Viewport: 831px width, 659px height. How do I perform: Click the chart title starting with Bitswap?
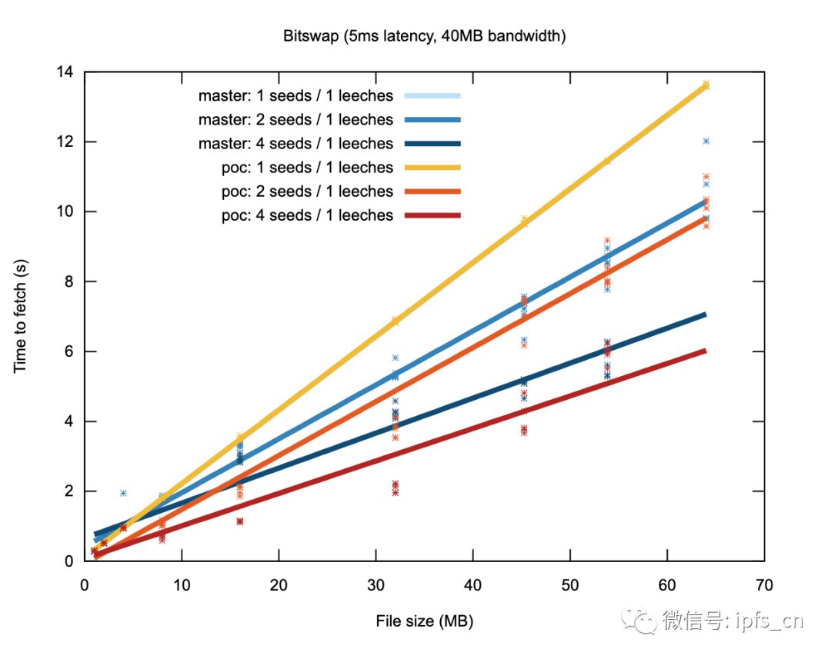pos(424,36)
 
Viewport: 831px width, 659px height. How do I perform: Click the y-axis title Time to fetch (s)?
pos(20,316)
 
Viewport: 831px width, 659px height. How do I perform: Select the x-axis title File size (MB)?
pos(425,621)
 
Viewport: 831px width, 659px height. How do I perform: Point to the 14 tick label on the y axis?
pos(65,72)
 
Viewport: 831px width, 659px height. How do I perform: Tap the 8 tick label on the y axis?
pos(69,281)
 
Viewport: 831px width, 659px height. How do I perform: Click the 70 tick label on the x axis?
pos(764,585)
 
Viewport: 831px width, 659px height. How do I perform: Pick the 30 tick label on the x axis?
pos(375,585)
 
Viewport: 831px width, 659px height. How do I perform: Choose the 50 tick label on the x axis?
pos(569,585)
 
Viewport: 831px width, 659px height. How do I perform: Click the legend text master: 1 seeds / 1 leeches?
pos(295,96)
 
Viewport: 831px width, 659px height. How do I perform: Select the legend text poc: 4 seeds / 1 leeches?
pos(307,215)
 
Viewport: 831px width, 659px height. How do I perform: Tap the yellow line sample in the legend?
pos(432,168)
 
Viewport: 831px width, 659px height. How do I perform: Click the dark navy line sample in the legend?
pos(432,144)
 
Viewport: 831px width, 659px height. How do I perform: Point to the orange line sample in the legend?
pos(432,191)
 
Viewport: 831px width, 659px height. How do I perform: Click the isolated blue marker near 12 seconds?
pos(706,141)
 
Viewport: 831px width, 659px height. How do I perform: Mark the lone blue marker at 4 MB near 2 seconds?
pos(123,493)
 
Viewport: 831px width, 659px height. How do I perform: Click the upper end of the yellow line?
pos(706,85)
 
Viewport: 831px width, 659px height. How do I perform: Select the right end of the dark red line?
pos(706,351)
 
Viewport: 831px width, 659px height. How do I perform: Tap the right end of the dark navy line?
pos(706,315)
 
